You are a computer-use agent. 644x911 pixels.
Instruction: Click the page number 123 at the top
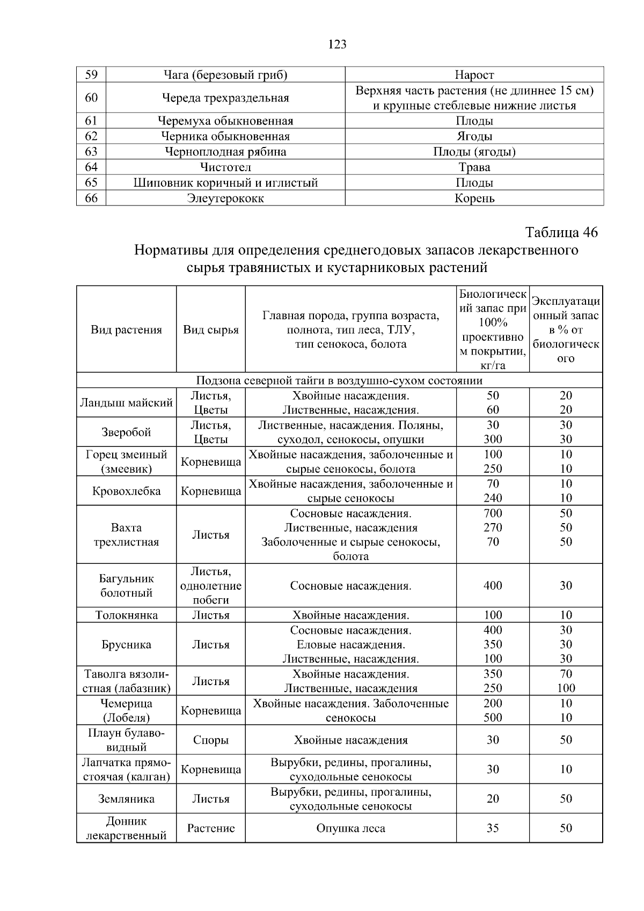[337, 45]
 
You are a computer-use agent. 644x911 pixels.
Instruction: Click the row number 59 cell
[91, 75]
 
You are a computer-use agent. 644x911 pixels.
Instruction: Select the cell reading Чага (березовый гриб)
[225, 75]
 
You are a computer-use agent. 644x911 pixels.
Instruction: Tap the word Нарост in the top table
[474, 75]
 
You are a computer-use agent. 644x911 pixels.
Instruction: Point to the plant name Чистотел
[225, 167]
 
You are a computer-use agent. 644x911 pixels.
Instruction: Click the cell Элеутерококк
[225, 199]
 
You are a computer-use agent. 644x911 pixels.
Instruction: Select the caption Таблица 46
[561, 232]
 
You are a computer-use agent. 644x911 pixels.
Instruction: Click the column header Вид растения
[126, 329]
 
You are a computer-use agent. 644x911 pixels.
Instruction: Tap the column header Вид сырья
[211, 329]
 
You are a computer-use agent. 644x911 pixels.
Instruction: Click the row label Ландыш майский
[126, 402]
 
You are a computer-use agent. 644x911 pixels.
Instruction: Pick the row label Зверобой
[126, 432]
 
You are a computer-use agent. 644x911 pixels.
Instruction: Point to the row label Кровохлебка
[126, 491]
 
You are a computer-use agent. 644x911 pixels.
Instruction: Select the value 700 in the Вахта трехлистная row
[493, 513]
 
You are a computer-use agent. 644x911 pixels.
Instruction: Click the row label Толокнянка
[126, 615]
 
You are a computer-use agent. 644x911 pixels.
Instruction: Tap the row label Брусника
[126, 644]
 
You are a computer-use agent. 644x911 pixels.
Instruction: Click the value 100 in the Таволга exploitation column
[566, 688]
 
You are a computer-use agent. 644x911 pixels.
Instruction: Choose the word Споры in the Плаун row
[211, 740]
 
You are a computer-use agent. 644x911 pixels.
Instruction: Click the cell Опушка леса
[350, 828]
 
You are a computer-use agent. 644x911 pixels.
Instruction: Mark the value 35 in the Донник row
[493, 828]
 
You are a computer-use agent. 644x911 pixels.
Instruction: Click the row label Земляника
[126, 799]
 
